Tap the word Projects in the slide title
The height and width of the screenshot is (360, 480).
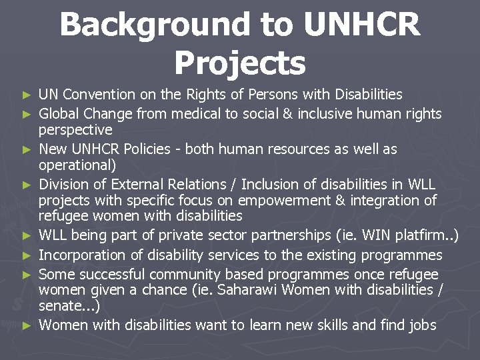(x=240, y=63)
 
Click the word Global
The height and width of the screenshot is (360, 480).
(x=60, y=113)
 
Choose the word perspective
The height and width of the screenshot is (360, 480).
(x=75, y=129)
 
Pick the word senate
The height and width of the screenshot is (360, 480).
(x=62, y=306)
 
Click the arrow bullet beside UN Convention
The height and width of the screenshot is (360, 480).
(x=27, y=95)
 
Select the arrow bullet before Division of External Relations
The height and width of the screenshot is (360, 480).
(x=27, y=185)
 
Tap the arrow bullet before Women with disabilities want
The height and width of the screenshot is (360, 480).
(x=27, y=326)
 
